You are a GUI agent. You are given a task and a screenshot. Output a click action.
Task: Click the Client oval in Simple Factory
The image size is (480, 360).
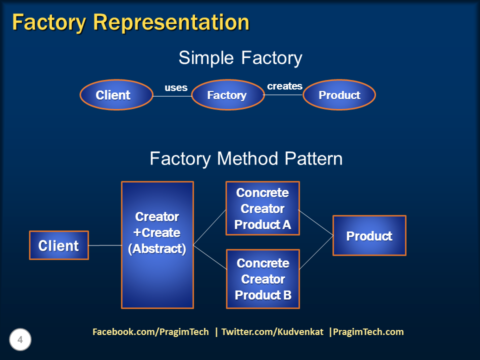coord(116,95)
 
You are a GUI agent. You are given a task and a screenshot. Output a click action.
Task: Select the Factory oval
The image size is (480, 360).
coord(227,95)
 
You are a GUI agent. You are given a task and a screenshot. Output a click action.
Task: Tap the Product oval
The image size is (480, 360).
coord(339,95)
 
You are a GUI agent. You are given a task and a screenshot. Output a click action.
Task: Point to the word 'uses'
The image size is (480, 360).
coord(176,88)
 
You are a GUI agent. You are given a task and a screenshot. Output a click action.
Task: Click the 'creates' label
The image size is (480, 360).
coord(284,86)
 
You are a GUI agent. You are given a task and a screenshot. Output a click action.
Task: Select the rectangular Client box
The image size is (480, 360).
coord(58,245)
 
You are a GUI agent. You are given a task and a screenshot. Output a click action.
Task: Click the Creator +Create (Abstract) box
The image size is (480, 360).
coord(157,245)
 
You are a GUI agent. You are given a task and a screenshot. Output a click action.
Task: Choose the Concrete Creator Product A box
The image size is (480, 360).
coord(262,208)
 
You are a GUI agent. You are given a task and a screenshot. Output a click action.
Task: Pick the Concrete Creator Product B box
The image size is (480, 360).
coord(263,279)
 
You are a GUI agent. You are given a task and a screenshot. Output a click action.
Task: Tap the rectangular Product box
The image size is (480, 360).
coord(369,235)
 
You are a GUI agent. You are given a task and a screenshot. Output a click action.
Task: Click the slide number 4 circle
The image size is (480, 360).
coord(20,340)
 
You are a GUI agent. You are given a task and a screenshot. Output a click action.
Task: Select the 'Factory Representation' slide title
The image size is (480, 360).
coord(130,22)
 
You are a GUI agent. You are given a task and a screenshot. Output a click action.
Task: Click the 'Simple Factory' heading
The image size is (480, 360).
coord(240,58)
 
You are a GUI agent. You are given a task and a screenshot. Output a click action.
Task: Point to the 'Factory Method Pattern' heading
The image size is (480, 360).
coord(246,158)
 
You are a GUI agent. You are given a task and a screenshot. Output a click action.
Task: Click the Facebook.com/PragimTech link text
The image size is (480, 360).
coord(150,332)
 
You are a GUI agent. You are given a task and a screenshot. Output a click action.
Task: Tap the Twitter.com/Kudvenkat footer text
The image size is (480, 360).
coord(273,332)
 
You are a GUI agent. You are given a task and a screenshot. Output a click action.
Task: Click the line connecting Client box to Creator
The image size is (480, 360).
coord(105,245)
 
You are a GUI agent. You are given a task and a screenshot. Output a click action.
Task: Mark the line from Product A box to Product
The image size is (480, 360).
coord(316,222)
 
